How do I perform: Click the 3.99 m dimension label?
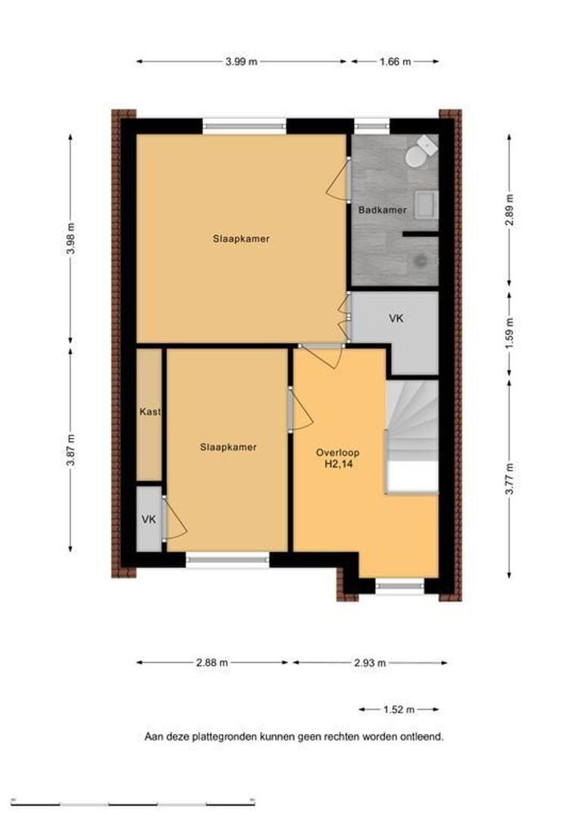241,61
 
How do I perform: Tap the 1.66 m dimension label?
396,61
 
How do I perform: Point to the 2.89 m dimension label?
509,210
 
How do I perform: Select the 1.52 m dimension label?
399,710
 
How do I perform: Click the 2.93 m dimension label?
370,663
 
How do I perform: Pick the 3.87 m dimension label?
71,450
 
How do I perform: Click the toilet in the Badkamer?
420,151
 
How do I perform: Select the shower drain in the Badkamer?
421,261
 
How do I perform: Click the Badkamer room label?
382,211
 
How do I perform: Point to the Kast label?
150,411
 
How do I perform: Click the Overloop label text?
338,453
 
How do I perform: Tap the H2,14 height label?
338,464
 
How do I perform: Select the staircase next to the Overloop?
412,437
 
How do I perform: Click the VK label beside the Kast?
149,520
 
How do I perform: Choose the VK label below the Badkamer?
396,317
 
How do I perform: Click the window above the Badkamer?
372,126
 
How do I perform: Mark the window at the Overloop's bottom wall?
400,586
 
